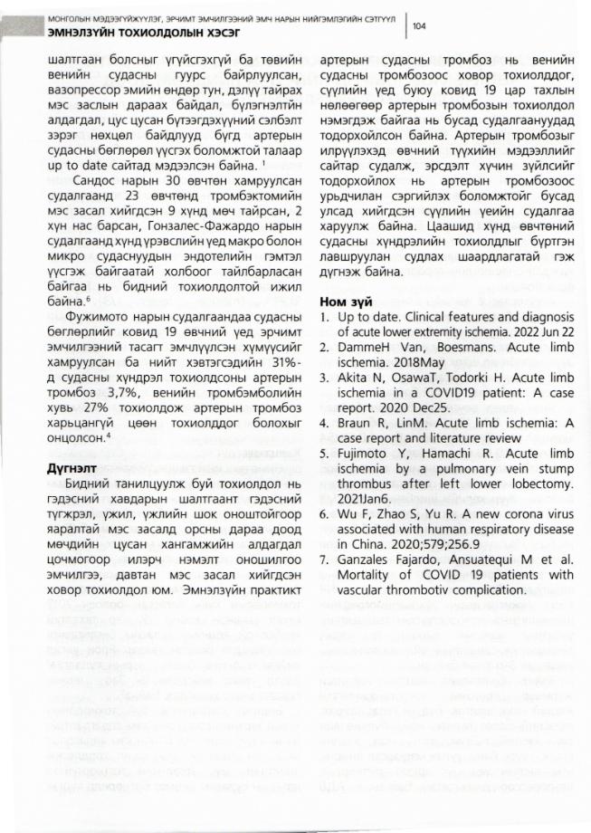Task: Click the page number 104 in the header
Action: point(419,26)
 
